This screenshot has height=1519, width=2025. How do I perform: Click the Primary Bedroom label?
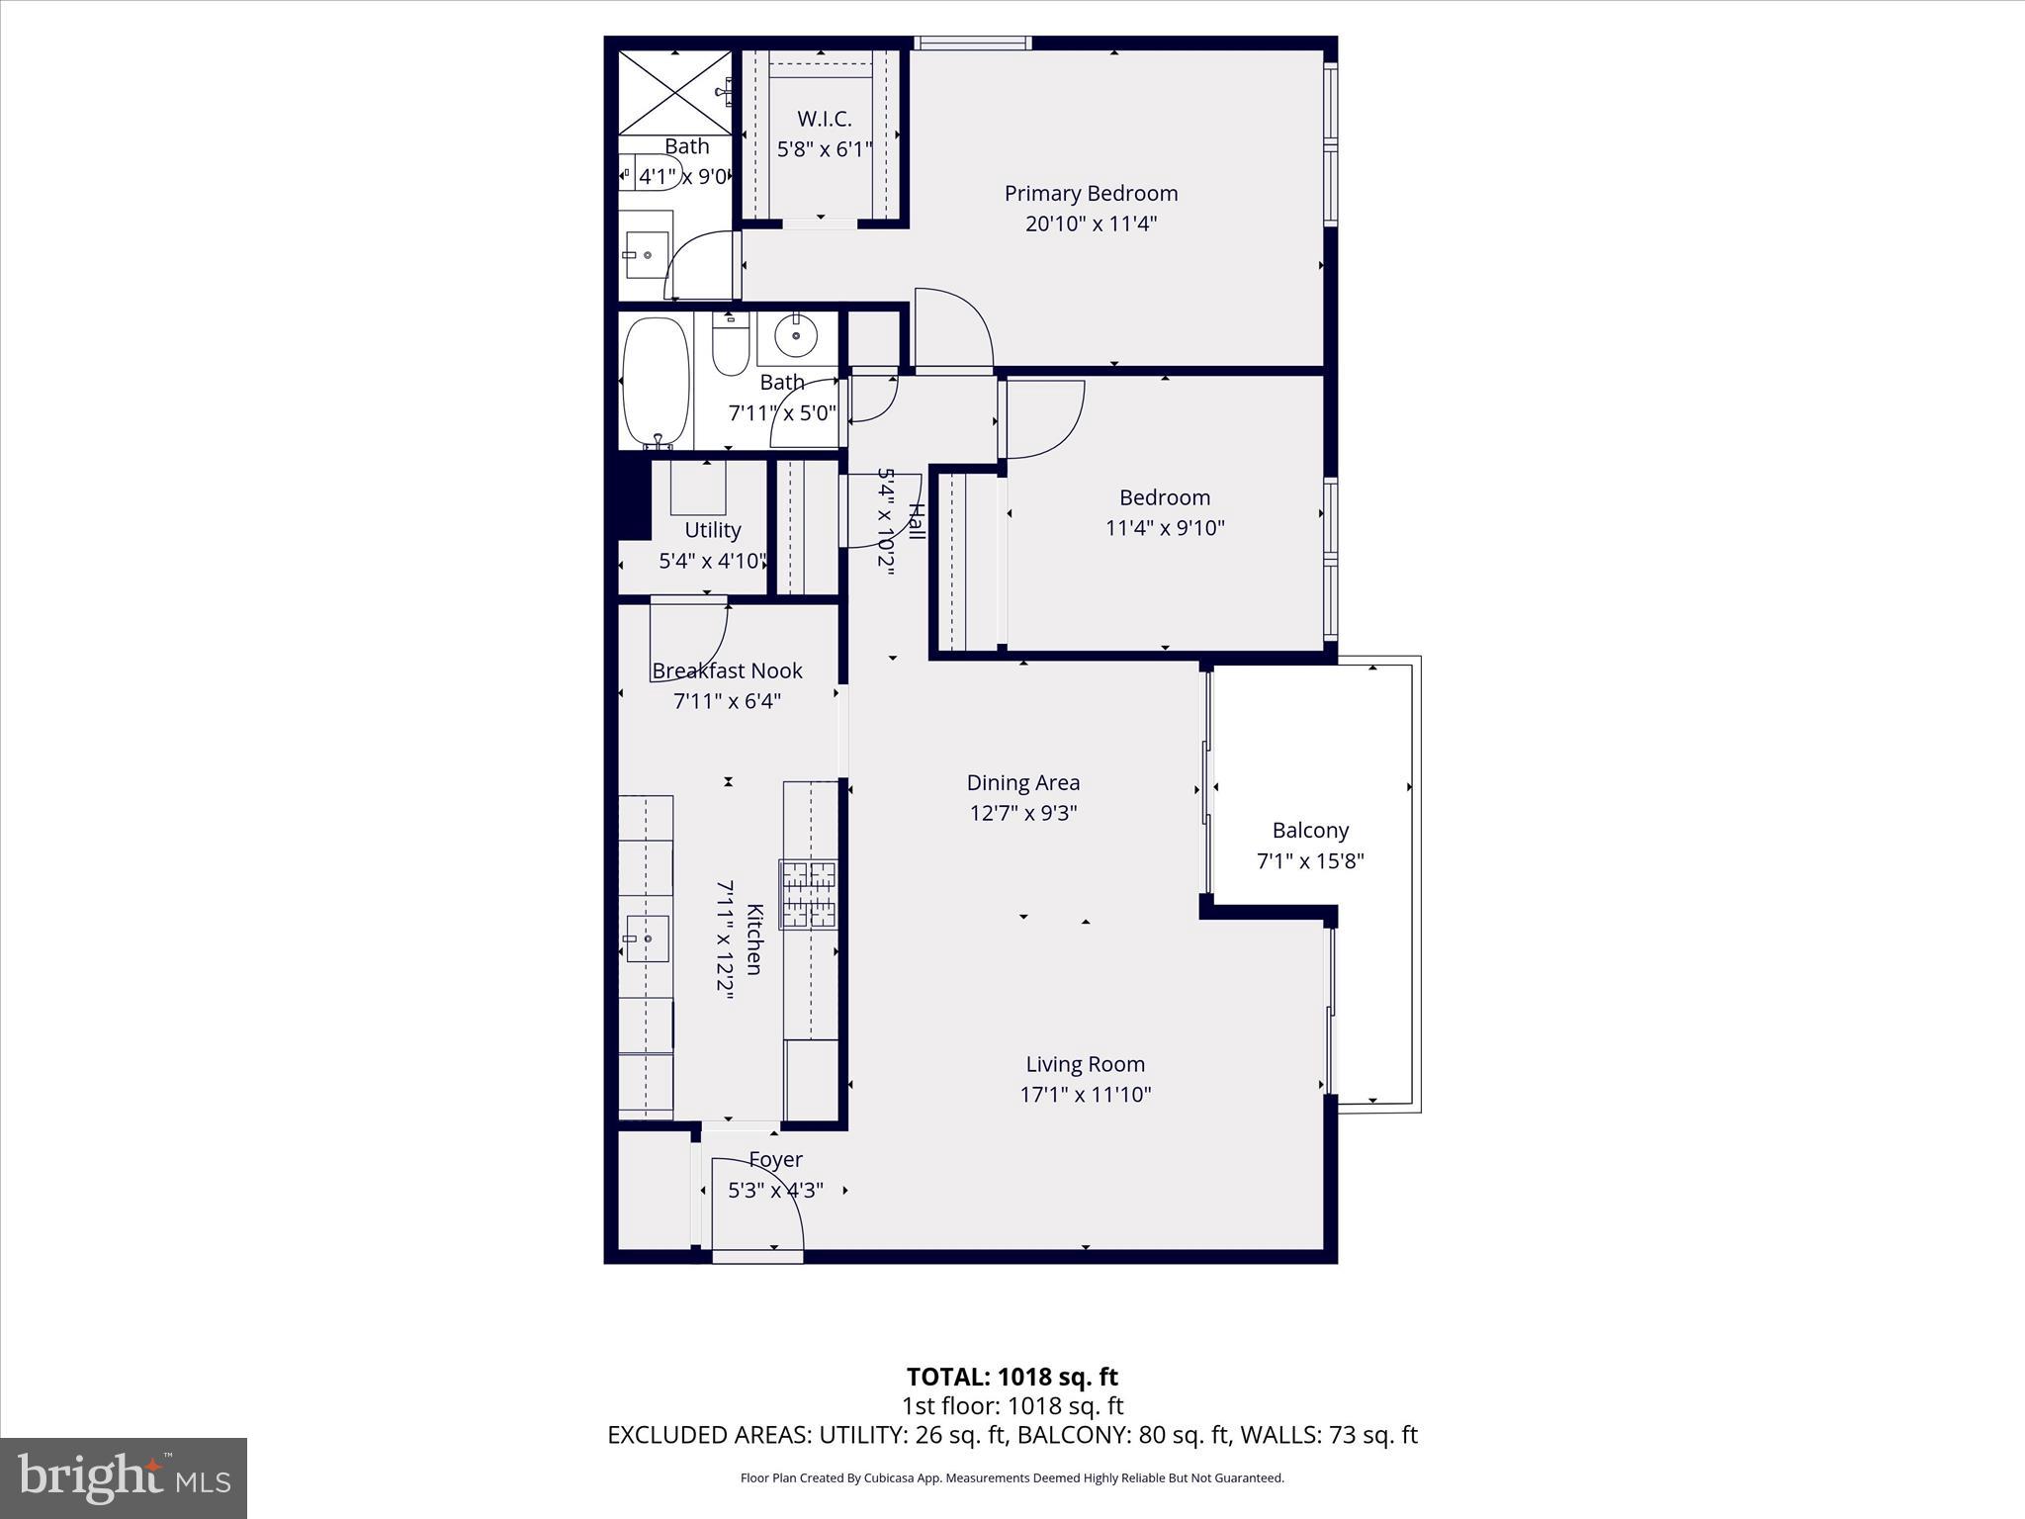pyautogui.click(x=1091, y=194)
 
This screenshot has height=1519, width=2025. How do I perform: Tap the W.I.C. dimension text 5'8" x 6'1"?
pyautogui.click(x=824, y=149)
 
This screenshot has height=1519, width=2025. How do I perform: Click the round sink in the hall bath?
pyautogui.click(x=795, y=336)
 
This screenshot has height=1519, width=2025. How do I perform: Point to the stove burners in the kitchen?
pyautogui.click(x=808, y=894)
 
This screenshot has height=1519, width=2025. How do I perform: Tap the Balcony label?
pyautogui.click(x=1310, y=831)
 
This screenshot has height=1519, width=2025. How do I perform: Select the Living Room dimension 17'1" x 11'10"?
pyautogui.click(x=1085, y=1095)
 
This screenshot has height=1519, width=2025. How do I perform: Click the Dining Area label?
pyautogui.click(x=1022, y=783)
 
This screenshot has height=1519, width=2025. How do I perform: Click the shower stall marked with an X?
pyautogui.click(x=675, y=91)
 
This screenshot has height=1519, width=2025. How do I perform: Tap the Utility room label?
pyautogui.click(x=712, y=530)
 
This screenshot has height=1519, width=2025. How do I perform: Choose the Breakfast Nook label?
pyautogui.click(x=727, y=670)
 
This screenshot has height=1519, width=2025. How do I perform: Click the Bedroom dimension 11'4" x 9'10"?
pyautogui.click(x=1164, y=528)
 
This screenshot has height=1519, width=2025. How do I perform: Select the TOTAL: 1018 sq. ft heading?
pyautogui.click(x=1012, y=1377)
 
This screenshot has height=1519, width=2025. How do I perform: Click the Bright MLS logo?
pyautogui.click(x=124, y=1477)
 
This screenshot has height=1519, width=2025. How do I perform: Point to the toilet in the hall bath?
pyautogui.click(x=731, y=346)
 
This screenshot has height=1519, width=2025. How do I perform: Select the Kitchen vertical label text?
pyautogui.click(x=754, y=938)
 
